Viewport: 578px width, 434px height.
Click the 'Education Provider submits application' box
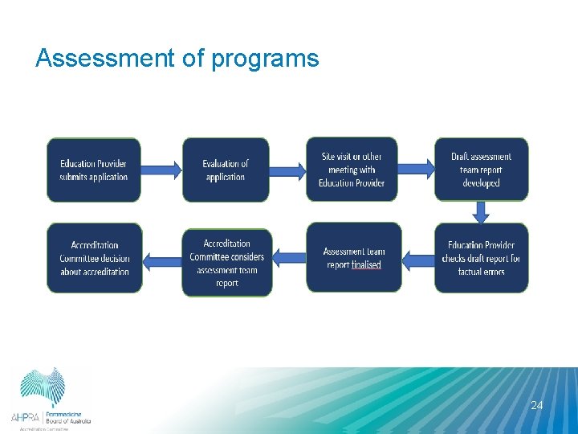coord(93,170)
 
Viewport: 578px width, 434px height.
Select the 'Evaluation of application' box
coord(226,170)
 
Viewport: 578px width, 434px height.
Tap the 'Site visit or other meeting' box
coord(352,169)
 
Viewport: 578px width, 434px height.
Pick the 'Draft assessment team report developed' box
coord(481,169)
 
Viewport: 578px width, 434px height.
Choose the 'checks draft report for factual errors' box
coord(481,258)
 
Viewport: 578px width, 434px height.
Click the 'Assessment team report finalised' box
coord(353,258)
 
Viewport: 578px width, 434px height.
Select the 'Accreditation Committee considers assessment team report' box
coord(226,262)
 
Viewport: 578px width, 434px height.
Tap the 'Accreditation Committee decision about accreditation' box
coord(94,258)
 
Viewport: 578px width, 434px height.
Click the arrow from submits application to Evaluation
coord(161,169)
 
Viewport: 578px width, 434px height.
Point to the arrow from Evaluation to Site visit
coord(287,169)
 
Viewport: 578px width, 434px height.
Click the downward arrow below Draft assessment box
coord(481,212)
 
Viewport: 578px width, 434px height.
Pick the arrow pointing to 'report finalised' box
coord(417,259)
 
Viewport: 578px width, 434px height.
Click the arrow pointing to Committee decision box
coord(162,260)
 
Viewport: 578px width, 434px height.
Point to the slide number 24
coord(536,405)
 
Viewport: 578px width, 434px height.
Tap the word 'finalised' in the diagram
coord(366,264)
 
